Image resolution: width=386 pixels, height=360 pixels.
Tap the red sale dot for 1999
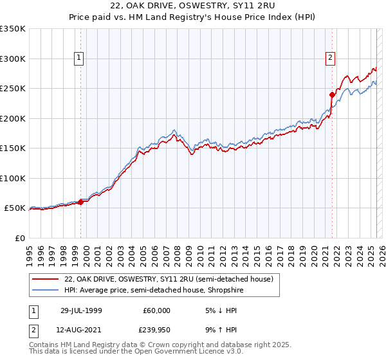(81, 202)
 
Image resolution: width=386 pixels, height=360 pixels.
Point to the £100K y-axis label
(13, 178)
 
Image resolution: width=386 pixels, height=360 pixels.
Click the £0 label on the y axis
(18, 238)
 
